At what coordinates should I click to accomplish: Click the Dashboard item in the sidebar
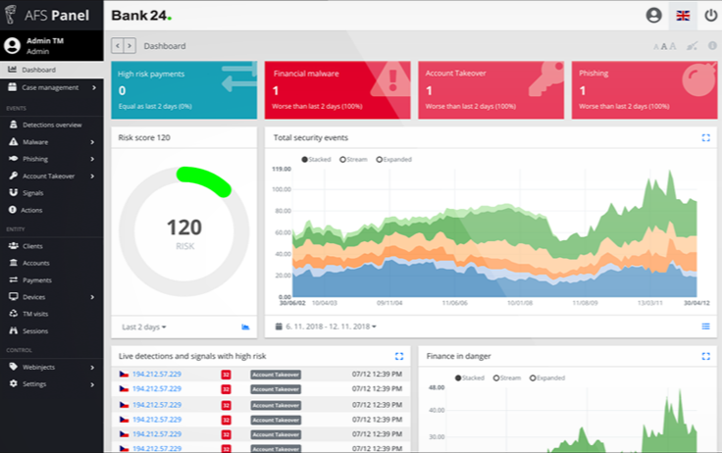[39, 70]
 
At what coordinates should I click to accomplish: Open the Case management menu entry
[49, 87]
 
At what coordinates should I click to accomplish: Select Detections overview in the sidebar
[52, 125]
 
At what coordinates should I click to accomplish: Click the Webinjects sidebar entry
[40, 367]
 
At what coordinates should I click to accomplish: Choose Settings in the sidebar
[35, 383]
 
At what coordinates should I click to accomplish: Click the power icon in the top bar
[710, 15]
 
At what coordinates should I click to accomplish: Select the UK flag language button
[682, 15]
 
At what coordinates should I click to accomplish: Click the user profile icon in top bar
[653, 15]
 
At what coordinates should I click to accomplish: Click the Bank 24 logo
[140, 15]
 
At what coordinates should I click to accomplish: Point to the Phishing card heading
[593, 74]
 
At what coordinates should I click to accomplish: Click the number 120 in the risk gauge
[183, 227]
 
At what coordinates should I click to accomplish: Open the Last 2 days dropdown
[143, 327]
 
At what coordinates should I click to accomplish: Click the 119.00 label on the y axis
[283, 170]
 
